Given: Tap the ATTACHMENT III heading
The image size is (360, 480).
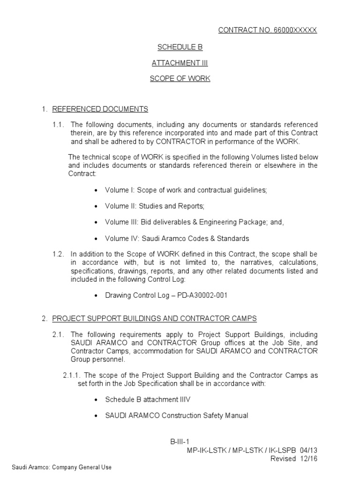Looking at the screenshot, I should point(180,63).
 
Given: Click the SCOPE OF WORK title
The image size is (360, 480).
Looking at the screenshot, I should point(180,78).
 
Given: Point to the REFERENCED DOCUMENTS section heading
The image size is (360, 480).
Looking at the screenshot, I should point(100,109).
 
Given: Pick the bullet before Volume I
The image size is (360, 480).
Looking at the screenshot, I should point(96,190).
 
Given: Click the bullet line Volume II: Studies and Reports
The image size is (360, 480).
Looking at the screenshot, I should point(155,206).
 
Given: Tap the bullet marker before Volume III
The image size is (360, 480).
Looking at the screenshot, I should point(96,222).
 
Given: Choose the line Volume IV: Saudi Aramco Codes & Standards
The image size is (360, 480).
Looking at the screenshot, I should point(177,238).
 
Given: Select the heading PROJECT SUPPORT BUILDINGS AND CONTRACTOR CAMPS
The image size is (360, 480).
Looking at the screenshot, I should point(154,319).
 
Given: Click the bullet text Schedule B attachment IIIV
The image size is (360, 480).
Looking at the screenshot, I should point(148,399).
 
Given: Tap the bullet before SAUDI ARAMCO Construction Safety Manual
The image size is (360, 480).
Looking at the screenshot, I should point(96,416).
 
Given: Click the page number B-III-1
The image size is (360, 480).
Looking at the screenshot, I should point(180,442).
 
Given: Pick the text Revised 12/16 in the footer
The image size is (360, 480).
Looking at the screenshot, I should point(294,459).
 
